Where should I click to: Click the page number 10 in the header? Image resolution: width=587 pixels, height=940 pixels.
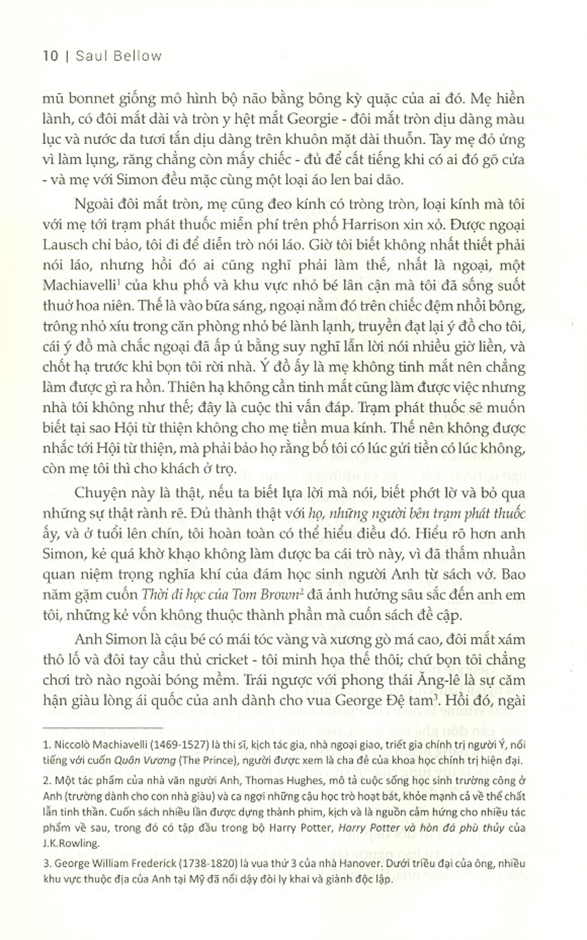click(50, 56)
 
